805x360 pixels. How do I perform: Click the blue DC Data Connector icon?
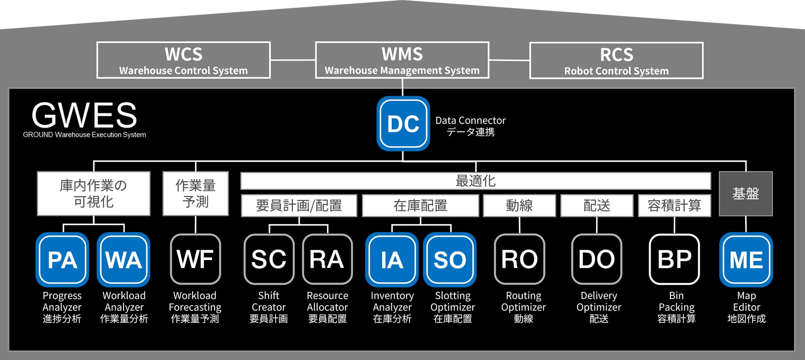403,123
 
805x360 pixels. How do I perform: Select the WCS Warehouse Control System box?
183,60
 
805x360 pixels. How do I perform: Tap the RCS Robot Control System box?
616,61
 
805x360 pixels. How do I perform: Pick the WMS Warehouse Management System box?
402,60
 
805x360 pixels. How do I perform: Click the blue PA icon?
62,260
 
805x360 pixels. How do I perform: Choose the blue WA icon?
123,260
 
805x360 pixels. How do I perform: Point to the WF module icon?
195,259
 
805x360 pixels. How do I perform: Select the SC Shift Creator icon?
269,259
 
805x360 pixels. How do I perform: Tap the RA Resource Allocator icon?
327,259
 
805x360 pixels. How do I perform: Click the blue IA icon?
392,260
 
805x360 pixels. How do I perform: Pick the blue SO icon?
450,260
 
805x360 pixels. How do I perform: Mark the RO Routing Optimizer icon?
519,259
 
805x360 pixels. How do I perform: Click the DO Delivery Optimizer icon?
597,259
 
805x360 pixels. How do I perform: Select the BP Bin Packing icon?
674,259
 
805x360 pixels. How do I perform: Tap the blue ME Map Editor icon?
746,260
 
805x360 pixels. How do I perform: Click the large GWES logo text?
84,115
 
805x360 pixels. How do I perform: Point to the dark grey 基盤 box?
746,194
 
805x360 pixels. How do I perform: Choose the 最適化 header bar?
475,181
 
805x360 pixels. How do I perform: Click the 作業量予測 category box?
195,194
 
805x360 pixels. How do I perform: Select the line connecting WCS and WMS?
293,60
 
